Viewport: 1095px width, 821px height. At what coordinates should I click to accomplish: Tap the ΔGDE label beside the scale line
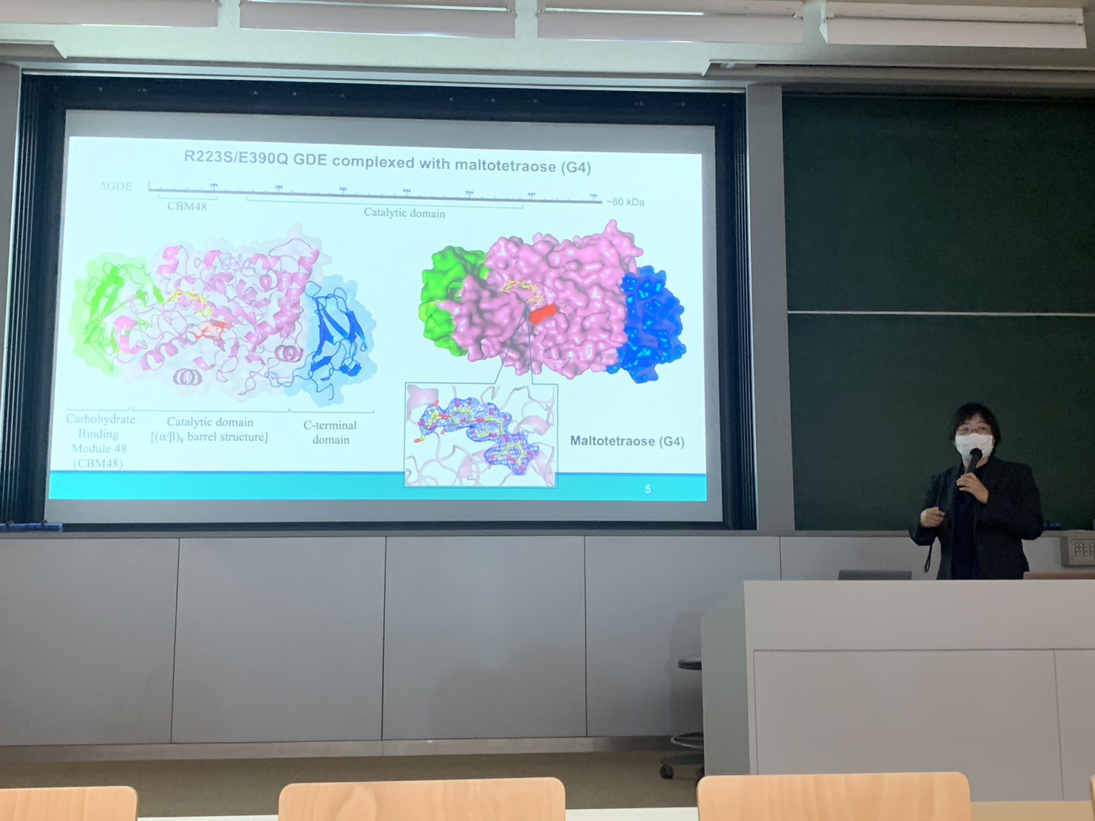pos(115,187)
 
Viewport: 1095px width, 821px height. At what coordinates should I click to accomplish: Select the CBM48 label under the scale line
pos(187,207)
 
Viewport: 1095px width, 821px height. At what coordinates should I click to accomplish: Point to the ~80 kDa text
pos(625,202)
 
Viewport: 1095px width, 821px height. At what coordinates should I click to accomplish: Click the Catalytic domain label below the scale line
pos(404,213)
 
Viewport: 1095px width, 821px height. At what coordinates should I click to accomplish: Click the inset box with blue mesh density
pos(480,435)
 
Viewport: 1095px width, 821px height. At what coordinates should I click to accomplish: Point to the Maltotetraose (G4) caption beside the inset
pos(626,441)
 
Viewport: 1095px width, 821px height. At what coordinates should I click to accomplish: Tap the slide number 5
pos(648,489)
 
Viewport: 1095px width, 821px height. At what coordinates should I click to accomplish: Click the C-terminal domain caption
pos(330,432)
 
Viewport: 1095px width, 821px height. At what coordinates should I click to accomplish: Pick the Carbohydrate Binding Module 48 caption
pos(99,440)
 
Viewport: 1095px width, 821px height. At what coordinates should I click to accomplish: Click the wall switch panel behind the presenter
pos(1080,549)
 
